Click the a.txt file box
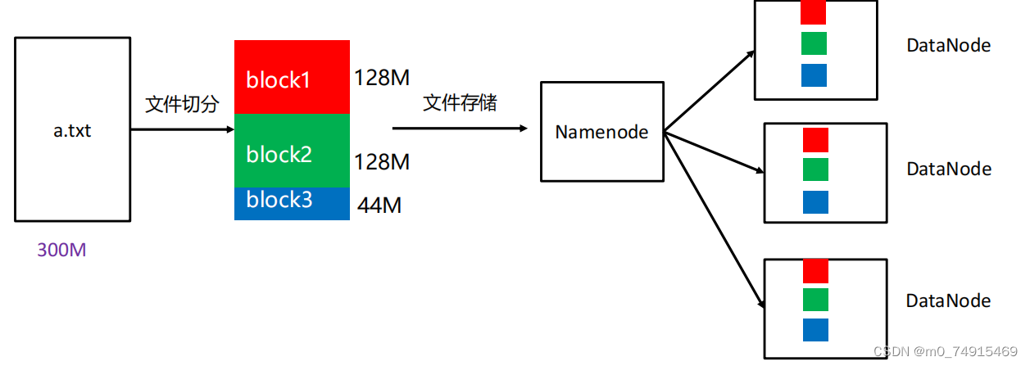point(72,129)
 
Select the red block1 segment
point(292,77)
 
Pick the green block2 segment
point(292,151)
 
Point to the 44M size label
point(379,206)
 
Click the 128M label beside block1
point(382,78)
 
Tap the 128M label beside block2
point(382,162)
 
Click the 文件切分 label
point(183,105)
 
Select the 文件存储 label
point(460,103)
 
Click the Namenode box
point(602,131)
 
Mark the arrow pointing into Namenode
point(459,128)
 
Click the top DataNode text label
point(948,46)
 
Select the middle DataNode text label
point(948,169)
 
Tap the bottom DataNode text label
point(948,301)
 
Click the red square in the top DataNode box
point(814,12)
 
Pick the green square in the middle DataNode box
point(815,169)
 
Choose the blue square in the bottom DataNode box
point(815,330)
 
